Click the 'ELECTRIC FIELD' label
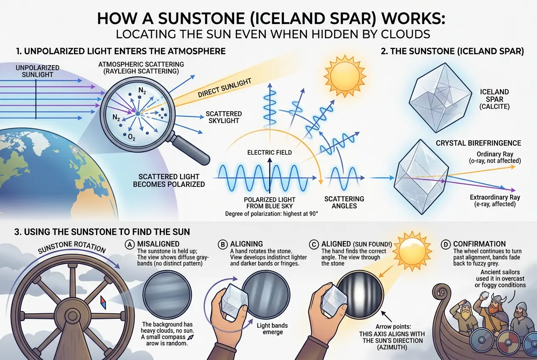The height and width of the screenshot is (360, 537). [269, 152]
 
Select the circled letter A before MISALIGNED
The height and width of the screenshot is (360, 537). [130, 244]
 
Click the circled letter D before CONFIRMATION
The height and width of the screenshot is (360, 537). [446, 244]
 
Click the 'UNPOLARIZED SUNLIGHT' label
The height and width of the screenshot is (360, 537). [37, 71]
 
